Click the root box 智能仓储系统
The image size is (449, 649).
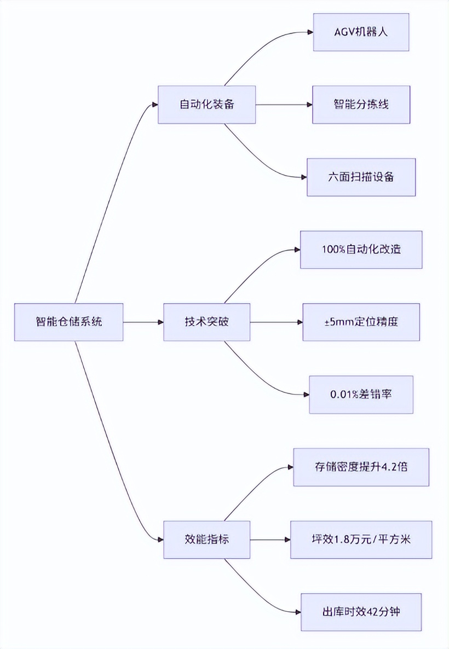[68, 322]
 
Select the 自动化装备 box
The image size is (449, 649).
[206, 105]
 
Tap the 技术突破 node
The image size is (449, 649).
[206, 322]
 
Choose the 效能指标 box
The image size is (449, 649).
[206, 540]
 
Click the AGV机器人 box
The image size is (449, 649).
[361, 32]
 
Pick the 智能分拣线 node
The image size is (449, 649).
[361, 105]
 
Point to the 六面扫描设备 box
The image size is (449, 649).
[361, 177]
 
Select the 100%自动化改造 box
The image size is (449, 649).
[361, 250]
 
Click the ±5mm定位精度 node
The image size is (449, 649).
[361, 322]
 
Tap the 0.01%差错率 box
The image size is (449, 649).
[361, 395]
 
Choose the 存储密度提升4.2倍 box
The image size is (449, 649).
[361, 467]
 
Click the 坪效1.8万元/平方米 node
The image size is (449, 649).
[361, 540]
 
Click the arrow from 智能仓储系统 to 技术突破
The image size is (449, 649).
[143, 322]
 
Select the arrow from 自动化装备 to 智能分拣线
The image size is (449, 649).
[284, 105]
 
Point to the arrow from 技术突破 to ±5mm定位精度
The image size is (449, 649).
[277, 322]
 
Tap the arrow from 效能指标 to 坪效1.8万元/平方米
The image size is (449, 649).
[270, 540]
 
